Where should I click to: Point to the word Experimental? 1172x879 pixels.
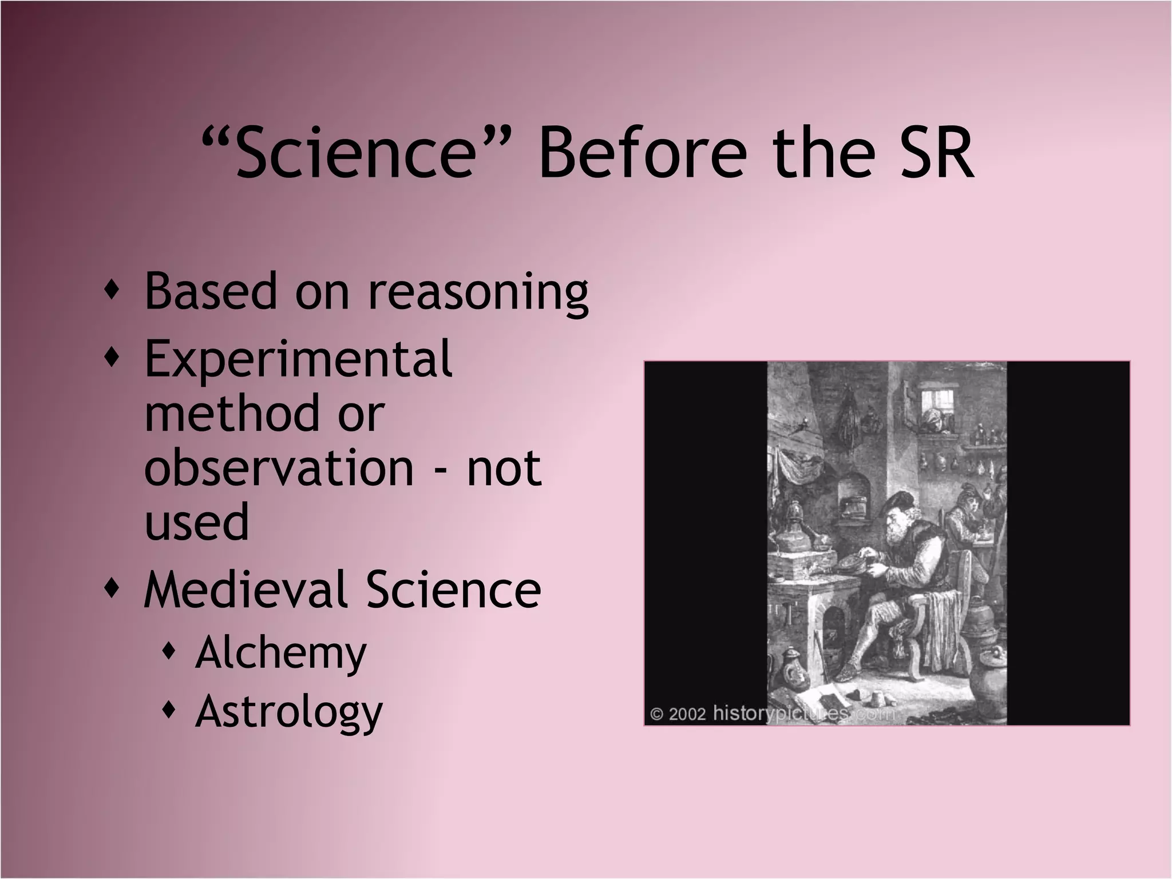tap(298, 359)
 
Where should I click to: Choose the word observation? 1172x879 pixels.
tap(279, 468)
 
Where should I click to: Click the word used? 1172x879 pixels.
tap(197, 522)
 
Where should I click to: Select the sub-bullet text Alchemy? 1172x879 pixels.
tap(280, 653)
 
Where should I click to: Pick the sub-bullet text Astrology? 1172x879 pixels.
tap(288, 712)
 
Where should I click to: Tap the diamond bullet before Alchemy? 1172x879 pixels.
tap(168, 651)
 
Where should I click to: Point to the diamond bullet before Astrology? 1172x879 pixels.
tap(168, 710)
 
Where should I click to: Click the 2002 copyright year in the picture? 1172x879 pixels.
tap(687, 715)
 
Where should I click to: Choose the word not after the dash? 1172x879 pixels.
tap(504, 468)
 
